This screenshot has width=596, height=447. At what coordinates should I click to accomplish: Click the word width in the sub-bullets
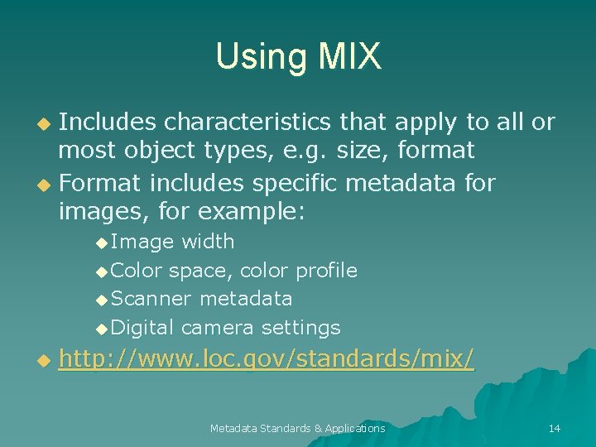click(208, 242)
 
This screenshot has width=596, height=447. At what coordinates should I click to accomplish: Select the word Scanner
click(151, 298)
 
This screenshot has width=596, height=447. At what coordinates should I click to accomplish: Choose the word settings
click(300, 328)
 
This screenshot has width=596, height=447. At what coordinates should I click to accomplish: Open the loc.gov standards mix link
click(267, 360)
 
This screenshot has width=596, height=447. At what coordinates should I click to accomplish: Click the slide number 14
click(554, 428)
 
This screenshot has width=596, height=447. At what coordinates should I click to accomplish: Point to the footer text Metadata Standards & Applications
click(297, 428)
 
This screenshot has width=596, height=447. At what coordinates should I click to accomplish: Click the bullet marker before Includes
click(46, 124)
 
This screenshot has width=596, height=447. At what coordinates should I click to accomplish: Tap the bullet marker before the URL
click(46, 361)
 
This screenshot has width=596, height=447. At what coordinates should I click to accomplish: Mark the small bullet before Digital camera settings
click(102, 329)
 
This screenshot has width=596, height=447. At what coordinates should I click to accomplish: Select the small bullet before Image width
click(102, 243)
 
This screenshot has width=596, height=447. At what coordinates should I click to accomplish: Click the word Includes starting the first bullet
click(108, 123)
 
